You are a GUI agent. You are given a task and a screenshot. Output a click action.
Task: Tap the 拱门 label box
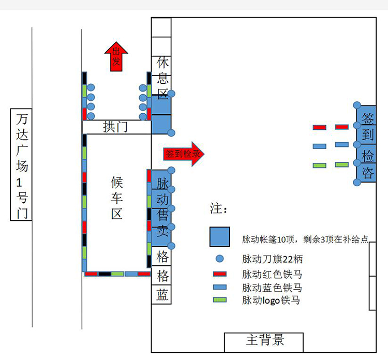tap(116, 127)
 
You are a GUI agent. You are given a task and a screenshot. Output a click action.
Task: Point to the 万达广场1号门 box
tap(21, 164)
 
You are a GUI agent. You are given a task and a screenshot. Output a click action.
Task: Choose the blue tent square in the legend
tap(220, 237)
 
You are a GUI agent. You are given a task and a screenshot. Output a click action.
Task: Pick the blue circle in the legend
tap(220, 258)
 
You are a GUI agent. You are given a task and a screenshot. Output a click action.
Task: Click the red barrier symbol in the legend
tap(220, 274)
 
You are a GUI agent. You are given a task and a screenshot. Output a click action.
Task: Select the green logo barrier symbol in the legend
tap(220, 299)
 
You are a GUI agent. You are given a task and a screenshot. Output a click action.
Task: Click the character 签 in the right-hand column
tap(368, 118)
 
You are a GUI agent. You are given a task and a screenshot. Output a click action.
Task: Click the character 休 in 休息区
tap(162, 63)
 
